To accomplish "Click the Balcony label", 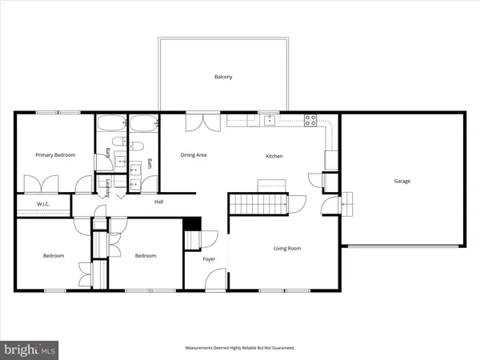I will [223, 77].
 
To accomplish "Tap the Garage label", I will [402, 181].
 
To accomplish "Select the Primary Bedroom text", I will [55, 155].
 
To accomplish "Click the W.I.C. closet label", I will [44, 206].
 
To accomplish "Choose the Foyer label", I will [209, 259].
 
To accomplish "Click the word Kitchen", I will [274, 156].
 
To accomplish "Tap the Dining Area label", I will [194, 155].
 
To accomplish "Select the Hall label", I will [159, 202].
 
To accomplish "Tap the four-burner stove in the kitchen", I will [310, 121].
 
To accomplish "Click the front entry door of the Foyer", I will [215, 279].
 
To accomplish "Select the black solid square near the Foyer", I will [191, 225].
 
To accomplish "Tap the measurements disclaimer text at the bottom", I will [240, 348].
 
